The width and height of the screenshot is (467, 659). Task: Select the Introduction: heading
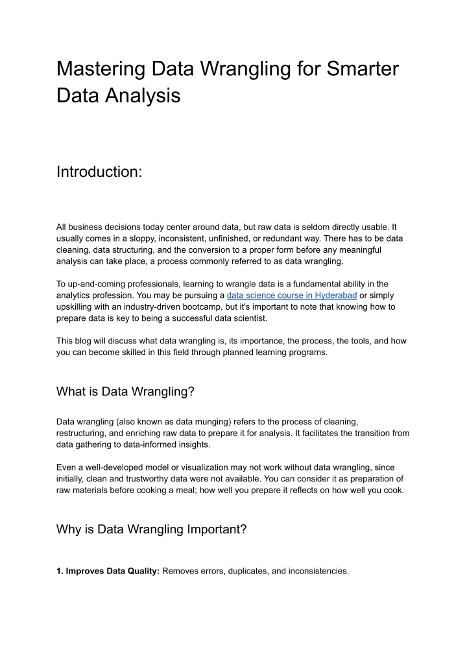click(x=99, y=172)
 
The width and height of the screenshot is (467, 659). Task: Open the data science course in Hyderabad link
click(x=292, y=295)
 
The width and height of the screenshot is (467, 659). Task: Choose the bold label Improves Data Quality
click(x=112, y=571)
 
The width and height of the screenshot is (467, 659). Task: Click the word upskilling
click(x=77, y=306)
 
